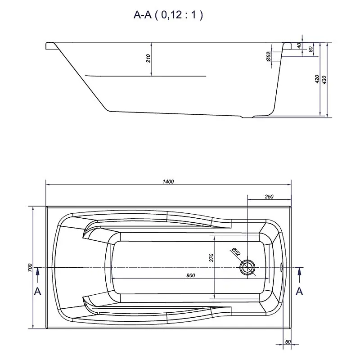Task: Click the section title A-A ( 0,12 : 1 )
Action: [x=168, y=15]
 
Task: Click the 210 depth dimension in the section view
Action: [x=148, y=58]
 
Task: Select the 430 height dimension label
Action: [x=324, y=80]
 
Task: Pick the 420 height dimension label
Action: [x=317, y=79]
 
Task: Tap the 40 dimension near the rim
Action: [x=299, y=46]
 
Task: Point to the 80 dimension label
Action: [x=310, y=49]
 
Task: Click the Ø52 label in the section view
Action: [x=268, y=56]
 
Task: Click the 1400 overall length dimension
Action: [x=168, y=182]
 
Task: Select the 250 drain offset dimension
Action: [x=269, y=197]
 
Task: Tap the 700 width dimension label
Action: [x=30, y=268]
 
